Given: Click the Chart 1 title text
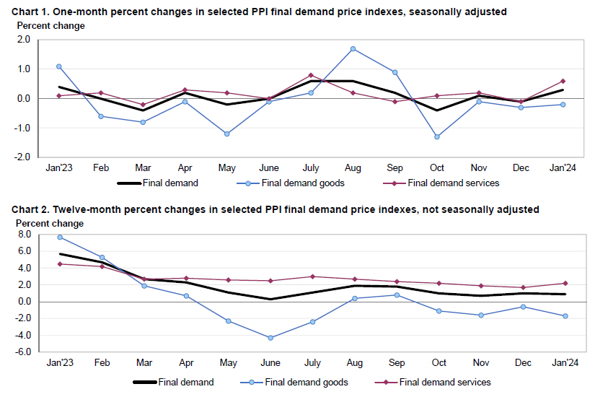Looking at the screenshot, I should click(x=260, y=12).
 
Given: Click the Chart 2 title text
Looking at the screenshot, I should click(x=275, y=209).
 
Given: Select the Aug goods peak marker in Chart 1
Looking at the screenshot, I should click(x=353, y=49).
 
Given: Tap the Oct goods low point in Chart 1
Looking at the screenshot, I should click(x=437, y=136).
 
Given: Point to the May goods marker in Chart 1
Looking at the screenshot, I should click(x=226, y=134).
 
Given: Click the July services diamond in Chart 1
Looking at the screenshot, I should click(x=311, y=75).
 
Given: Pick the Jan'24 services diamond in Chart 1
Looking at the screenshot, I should click(x=563, y=81).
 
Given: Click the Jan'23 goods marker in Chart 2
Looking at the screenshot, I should click(x=59, y=237).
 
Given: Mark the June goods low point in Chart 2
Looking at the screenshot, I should click(x=270, y=338).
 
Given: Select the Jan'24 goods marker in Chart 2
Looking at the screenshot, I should click(x=565, y=315).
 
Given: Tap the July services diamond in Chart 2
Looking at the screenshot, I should click(x=312, y=276).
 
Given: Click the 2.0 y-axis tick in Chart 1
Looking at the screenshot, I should click(x=22, y=40).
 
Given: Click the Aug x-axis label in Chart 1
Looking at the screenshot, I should click(x=353, y=167).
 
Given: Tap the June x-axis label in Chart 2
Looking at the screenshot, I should click(x=270, y=362).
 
